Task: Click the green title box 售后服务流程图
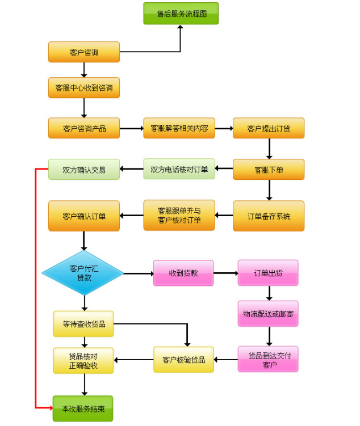point(181,14)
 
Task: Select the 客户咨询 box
point(84,52)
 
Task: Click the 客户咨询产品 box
point(84,128)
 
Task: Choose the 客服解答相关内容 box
point(179,128)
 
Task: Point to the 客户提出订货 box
point(269,128)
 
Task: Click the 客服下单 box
point(269,169)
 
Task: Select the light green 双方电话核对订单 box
point(179,169)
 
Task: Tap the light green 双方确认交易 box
point(84,169)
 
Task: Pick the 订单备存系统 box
point(269,216)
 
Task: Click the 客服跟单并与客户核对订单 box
point(179,216)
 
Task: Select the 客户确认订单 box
point(84,216)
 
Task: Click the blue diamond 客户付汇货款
point(83,273)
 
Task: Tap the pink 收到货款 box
point(183,273)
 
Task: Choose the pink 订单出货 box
point(268,273)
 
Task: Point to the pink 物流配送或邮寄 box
point(268,314)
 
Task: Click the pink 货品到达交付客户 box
point(268,359)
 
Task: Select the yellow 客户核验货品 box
point(183,359)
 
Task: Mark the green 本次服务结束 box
point(83,408)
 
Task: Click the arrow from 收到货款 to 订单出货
point(225,273)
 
